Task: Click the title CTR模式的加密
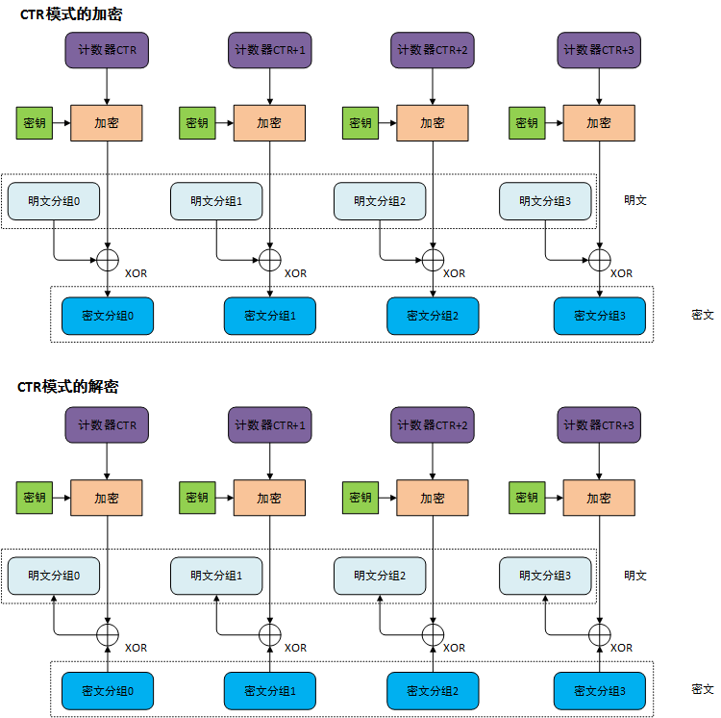click(x=71, y=14)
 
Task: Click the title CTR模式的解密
click(x=67, y=386)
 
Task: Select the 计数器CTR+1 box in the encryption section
click(x=269, y=50)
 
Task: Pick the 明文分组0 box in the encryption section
click(x=55, y=201)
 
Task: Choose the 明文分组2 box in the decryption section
click(x=380, y=576)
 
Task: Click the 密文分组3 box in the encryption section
click(x=599, y=316)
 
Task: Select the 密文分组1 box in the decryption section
click(x=269, y=691)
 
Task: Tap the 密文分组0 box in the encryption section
click(x=107, y=316)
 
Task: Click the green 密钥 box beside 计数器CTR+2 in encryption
click(x=360, y=123)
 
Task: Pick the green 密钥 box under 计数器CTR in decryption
click(x=35, y=498)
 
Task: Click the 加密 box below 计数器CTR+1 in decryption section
click(x=269, y=498)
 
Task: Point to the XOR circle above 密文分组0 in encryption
click(x=108, y=259)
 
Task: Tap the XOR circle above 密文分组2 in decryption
click(x=433, y=633)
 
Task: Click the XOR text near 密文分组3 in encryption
click(x=621, y=273)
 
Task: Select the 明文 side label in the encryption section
click(x=635, y=201)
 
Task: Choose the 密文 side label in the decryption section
click(x=702, y=689)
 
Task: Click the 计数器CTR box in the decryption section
click(x=107, y=424)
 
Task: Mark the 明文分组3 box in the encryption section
click(x=545, y=201)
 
